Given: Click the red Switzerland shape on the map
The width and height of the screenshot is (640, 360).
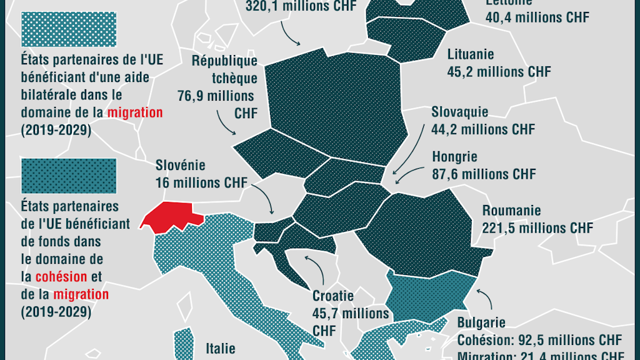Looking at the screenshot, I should coord(170,216).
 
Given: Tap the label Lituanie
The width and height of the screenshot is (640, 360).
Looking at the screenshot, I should coord(471,54).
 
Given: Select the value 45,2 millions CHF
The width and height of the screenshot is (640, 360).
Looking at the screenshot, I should coord(499,72).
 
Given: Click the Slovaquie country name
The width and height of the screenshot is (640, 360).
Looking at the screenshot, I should coord(459,112).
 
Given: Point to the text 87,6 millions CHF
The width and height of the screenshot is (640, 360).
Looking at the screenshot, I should coord(484,174).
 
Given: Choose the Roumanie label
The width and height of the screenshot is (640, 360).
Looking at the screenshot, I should coord(511,211).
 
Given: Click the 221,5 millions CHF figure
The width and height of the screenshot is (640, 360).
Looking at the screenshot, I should coord(537,228).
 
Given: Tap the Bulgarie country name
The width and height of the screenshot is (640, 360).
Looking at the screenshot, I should coord(481,323).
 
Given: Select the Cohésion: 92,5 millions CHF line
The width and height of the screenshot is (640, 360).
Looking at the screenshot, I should coord(539,341).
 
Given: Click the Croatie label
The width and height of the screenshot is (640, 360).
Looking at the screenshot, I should coord(333,296).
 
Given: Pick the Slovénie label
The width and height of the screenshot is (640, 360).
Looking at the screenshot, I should coord(180,166).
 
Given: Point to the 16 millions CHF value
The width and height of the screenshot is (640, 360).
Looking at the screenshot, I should coord(201,183).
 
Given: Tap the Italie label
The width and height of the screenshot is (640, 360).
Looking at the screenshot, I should coord(221,347).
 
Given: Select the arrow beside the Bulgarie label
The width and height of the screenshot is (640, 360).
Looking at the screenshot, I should coord(485,299).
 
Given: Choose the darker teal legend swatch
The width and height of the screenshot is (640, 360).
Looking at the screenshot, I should coord(68,176).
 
